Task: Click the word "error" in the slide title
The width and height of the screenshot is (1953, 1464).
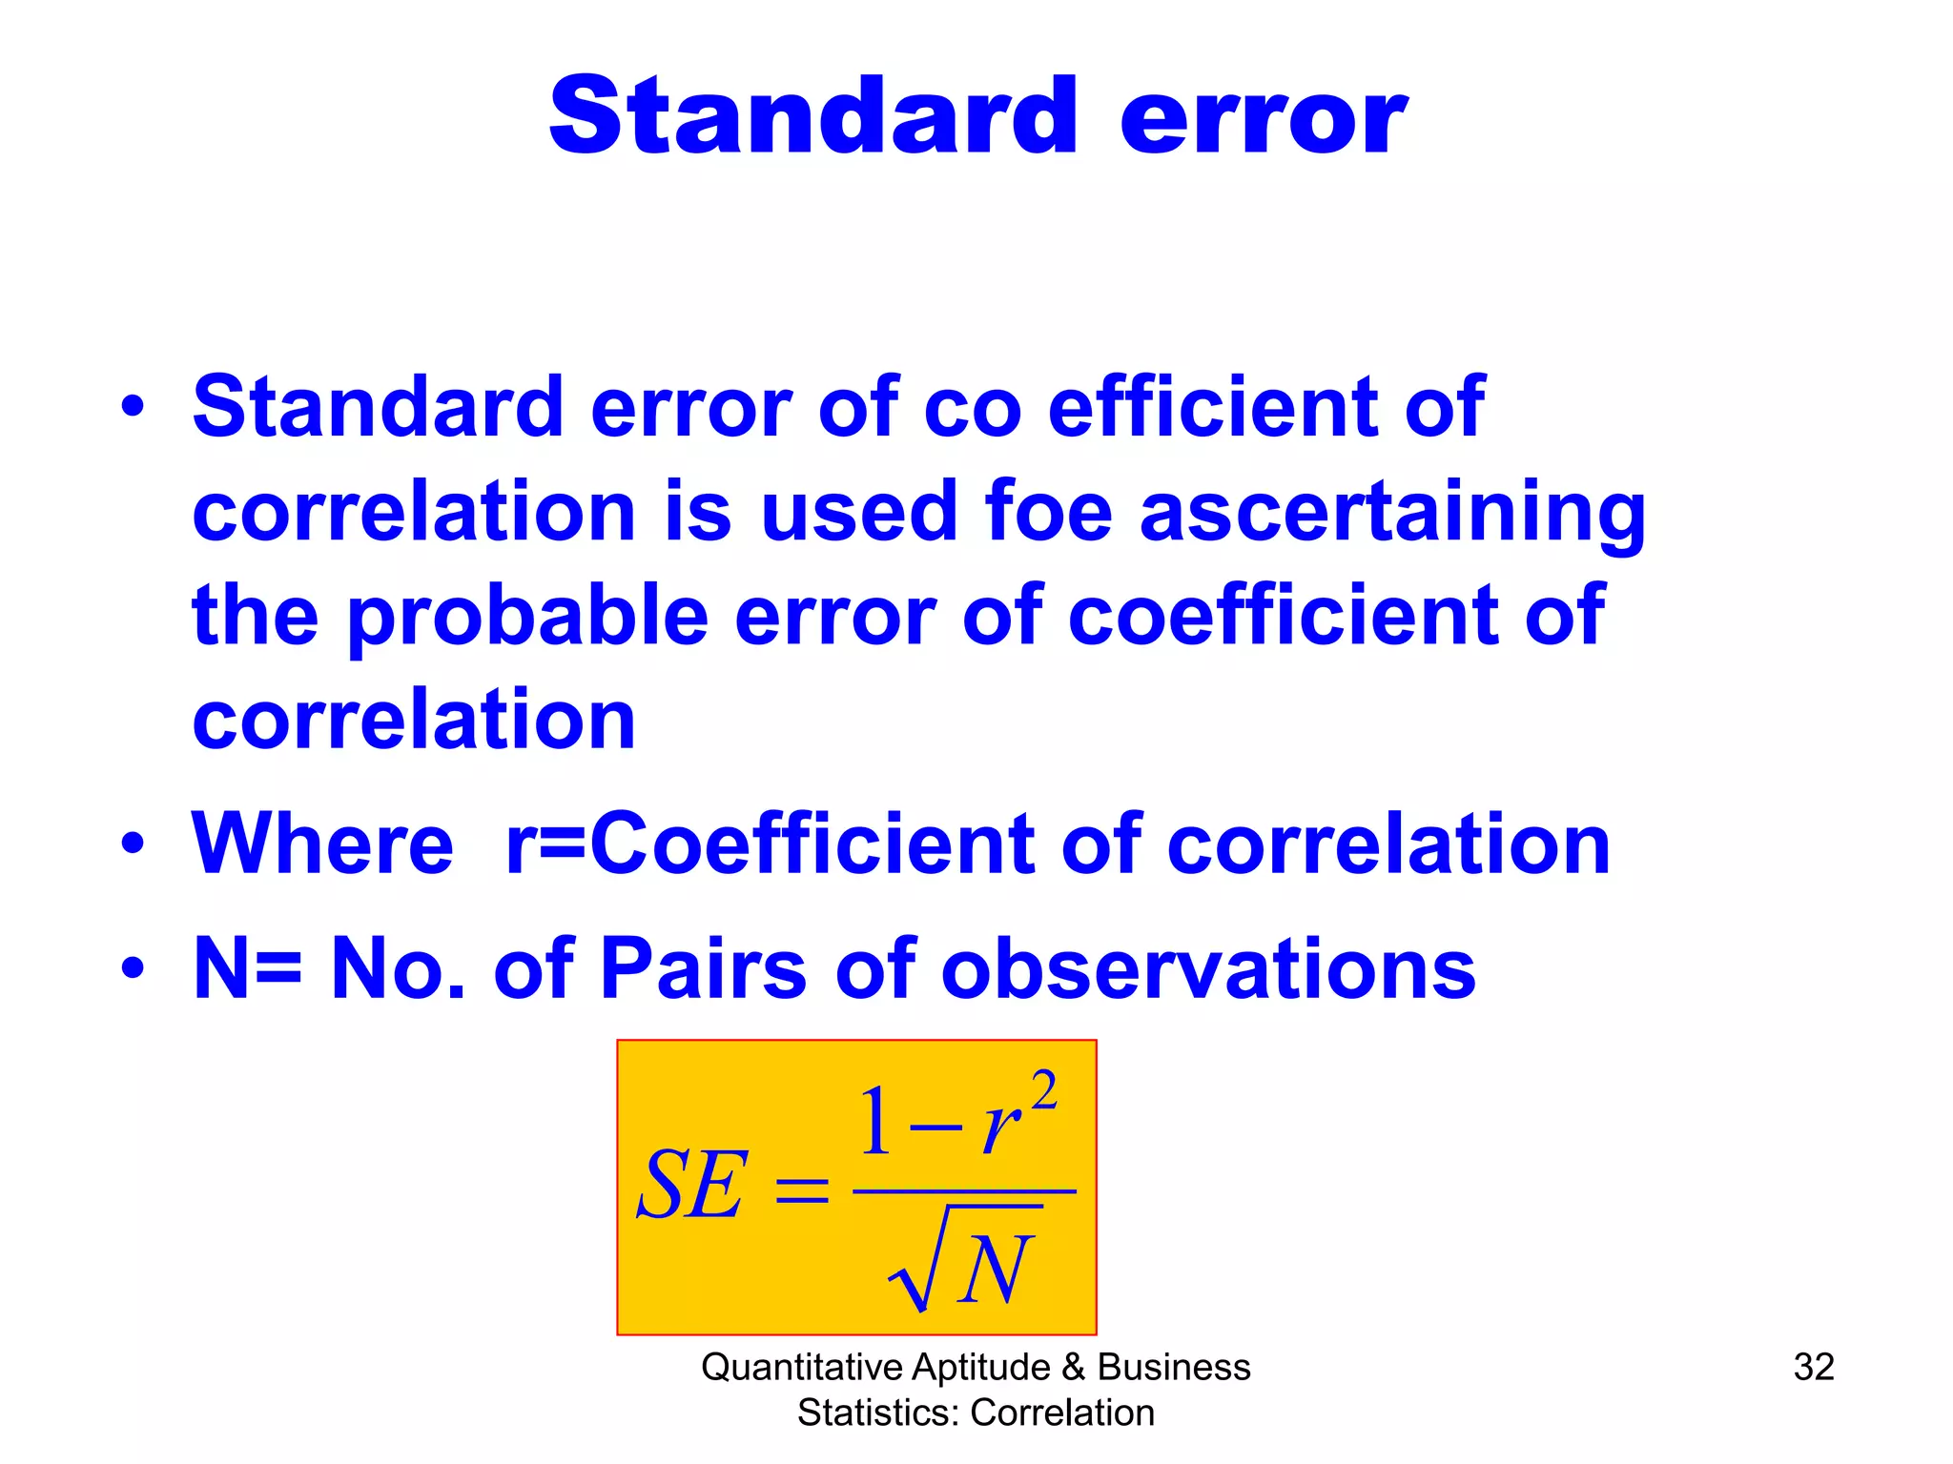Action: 1263,118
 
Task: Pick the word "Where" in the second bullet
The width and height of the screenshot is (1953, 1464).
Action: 322,844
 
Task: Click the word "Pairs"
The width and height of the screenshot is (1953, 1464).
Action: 704,969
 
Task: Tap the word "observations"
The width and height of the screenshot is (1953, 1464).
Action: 1208,969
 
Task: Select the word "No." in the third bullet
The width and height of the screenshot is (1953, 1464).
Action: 398,969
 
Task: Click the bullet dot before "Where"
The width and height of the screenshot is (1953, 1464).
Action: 133,844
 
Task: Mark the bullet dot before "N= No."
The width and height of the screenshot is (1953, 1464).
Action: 133,969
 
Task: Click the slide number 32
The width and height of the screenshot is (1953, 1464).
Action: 1813,1367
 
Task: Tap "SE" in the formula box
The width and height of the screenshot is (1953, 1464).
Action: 690,1186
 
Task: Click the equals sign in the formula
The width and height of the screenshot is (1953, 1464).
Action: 801,1189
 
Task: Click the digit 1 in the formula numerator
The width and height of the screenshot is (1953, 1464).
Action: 874,1123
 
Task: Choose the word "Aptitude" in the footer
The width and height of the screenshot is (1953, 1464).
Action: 980,1368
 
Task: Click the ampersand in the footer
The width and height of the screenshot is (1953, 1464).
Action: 1073,1368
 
